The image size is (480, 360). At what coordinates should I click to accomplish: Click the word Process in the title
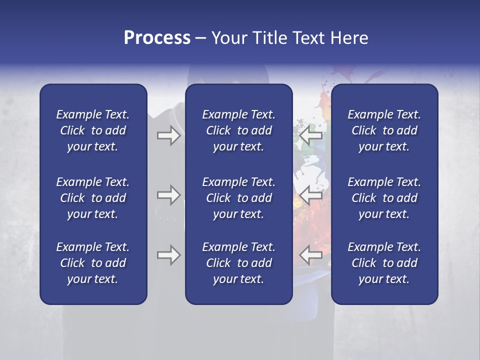(x=157, y=38)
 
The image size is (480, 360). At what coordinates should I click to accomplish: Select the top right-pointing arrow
(x=168, y=135)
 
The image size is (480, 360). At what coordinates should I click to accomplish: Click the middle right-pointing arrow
(x=168, y=195)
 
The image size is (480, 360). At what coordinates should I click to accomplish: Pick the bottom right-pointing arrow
(x=168, y=255)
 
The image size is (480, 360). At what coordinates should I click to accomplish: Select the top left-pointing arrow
(x=311, y=135)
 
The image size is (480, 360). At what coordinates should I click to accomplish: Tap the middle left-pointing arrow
(x=311, y=195)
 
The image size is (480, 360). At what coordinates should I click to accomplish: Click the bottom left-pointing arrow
(x=311, y=255)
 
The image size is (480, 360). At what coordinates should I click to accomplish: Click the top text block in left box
(x=93, y=130)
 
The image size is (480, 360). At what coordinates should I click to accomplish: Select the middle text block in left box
(x=93, y=198)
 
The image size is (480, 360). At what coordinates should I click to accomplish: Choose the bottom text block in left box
(x=93, y=263)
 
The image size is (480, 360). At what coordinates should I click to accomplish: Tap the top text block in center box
(x=238, y=130)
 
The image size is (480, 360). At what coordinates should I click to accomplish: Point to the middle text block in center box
(x=238, y=198)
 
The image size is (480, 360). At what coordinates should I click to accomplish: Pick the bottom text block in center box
(x=238, y=263)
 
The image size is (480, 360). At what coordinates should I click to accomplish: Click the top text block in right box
(x=384, y=130)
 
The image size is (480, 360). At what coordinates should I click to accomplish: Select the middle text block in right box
(x=384, y=198)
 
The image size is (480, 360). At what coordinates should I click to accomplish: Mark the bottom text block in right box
(x=384, y=263)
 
